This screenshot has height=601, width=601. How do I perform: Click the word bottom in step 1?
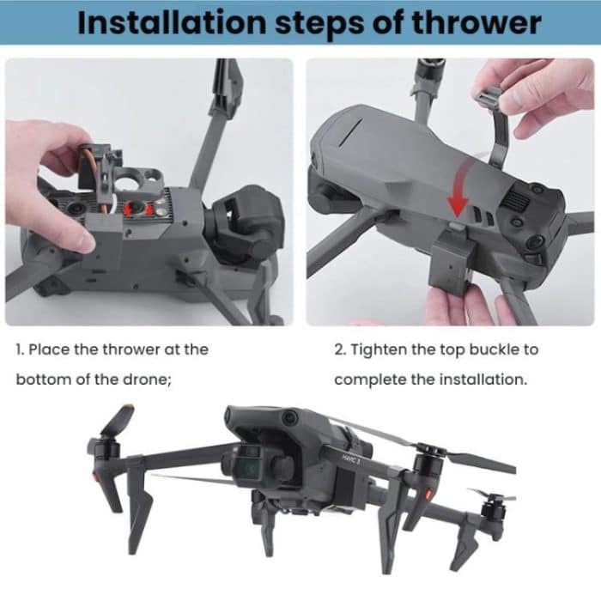point(41,379)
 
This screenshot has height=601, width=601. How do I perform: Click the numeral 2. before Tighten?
point(340,349)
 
